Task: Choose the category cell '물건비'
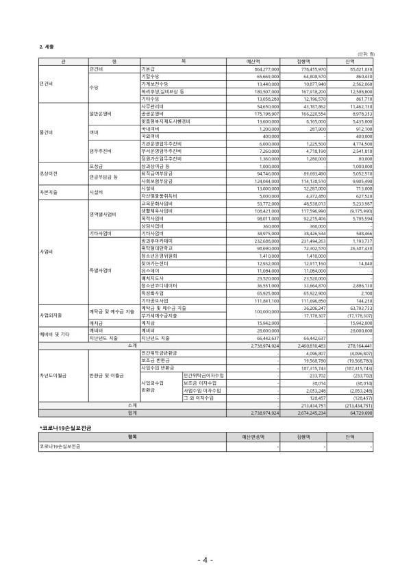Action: click(x=47, y=130)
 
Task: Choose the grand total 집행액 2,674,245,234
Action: click(x=310, y=413)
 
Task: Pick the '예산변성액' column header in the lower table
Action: click(x=253, y=437)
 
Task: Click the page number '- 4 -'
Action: click(x=206, y=560)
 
